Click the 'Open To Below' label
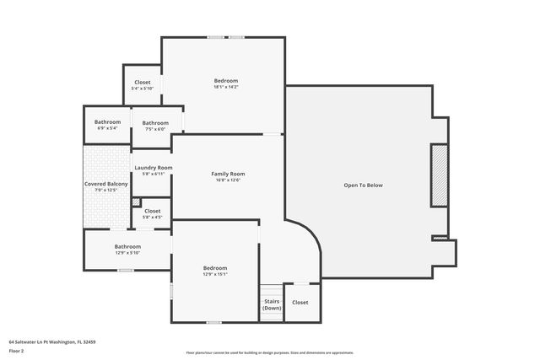[x=363, y=185]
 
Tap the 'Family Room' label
[x=228, y=174]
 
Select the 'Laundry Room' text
[x=153, y=168]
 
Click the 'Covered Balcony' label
[x=106, y=184]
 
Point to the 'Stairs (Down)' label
[x=272, y=304]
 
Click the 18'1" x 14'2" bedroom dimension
[x=225, y=87]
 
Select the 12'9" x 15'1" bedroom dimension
[x=215, y=274]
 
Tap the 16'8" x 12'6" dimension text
[x=228, y=180]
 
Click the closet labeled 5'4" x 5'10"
[x=142, y=85]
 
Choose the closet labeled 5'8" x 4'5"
[x=153, y=213]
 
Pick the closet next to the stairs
[x=300, y=302]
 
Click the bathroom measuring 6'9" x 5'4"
[x=107, y=125]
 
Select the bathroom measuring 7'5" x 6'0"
[x=155, y=126]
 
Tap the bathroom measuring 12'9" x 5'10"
[x=127, y=249]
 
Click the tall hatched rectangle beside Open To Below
[x=439, y=175]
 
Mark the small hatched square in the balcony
[x=136, y=201]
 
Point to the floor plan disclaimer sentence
[x=270, y=352]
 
